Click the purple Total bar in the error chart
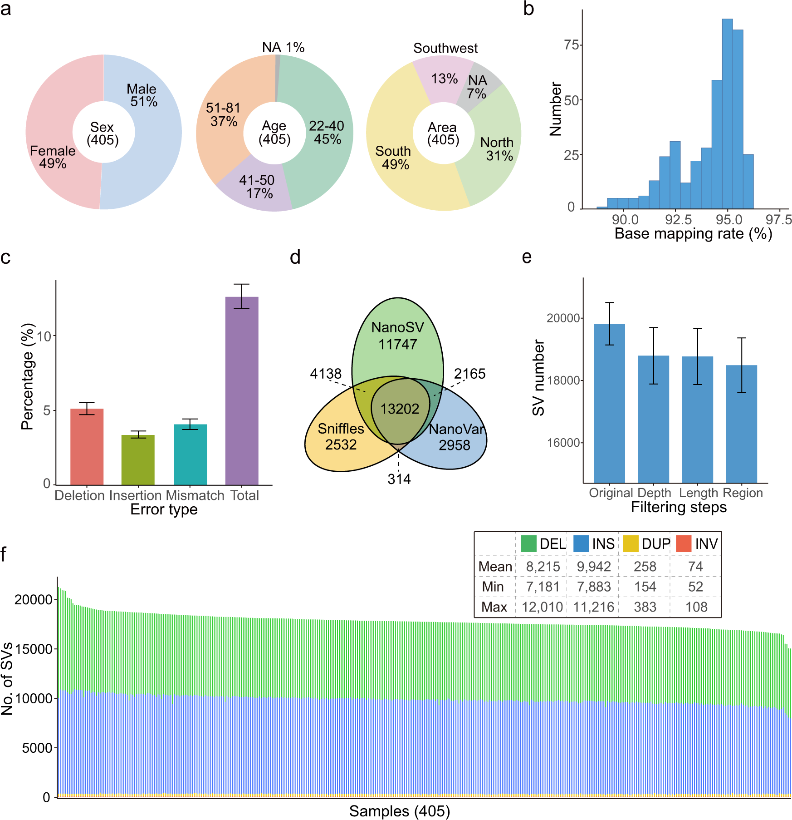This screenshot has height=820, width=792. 242,390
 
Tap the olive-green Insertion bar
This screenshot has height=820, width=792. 138,459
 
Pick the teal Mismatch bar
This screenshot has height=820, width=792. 190,454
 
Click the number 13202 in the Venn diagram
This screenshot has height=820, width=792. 399,409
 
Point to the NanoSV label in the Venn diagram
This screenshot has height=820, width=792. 397,327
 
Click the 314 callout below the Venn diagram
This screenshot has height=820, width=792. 399,479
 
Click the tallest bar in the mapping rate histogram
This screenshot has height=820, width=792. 727,114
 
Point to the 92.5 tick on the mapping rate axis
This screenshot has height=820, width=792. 678,220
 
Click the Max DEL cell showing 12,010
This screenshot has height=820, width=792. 542,607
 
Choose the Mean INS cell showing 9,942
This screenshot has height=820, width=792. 594,567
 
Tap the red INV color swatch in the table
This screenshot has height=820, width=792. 684,543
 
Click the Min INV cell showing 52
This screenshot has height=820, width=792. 695,587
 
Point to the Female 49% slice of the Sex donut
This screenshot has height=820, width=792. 52,157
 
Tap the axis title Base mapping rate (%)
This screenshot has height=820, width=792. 693,234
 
